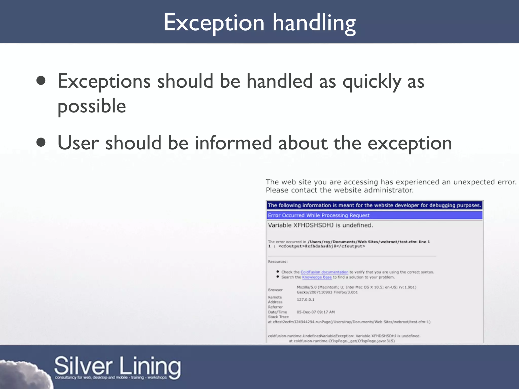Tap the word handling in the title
click(x=314, y=23)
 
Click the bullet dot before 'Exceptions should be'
click(x=41, y=81)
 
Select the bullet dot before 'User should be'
click(x=41, y=142)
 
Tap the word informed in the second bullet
click(x=233, y=143)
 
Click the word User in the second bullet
click(x=78, y=143)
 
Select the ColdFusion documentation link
click(x=324, y=272)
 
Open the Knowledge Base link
click(x=317, y=277)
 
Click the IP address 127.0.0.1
click(x=305, y=300)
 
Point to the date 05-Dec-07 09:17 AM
click(x=316, y=312)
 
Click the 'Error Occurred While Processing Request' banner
click(x=319, y=215)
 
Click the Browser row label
click(x=275, y=290)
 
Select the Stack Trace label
click(x=278, y=317)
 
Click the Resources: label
click(x=278, y=262)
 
